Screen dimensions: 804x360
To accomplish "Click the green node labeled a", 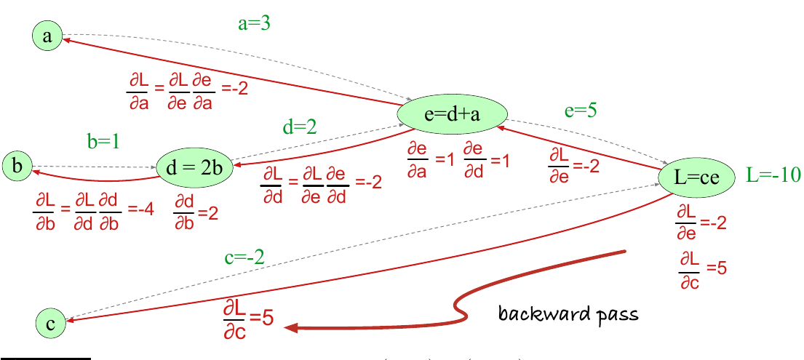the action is (47, 36).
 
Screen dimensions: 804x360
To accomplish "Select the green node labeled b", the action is (17, 166).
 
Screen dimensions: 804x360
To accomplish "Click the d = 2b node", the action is (195, 168).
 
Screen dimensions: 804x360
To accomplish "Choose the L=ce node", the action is (696, 177).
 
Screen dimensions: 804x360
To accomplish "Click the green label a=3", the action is (255, 23).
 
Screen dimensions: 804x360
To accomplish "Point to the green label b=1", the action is (103, 141).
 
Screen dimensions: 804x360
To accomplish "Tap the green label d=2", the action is (300, 127).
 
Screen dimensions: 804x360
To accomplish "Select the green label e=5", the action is (580, 111).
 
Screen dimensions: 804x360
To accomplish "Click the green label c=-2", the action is (244, 257).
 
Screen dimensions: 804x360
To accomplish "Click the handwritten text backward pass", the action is (568, 313).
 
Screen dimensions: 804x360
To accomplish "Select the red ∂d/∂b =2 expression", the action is (195, 214).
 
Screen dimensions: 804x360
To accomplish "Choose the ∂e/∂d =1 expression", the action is (487, 160).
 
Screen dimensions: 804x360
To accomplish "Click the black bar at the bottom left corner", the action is (46, 359).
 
